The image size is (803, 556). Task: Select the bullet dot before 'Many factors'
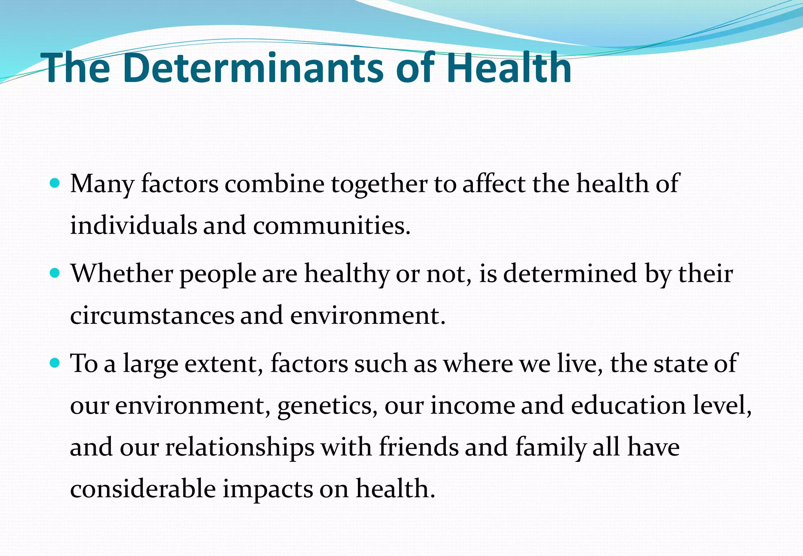pyautogui.click(x=55, y=183)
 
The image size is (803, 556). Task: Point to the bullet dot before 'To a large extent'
pyautogui.click(x=55, y=363)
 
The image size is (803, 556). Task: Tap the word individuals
pyautogui.click(x=133, y=225)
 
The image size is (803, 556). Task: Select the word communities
pyautogui.click(x=331, y=225)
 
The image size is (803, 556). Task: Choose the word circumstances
pyautogui.click(x=152, y=315)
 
